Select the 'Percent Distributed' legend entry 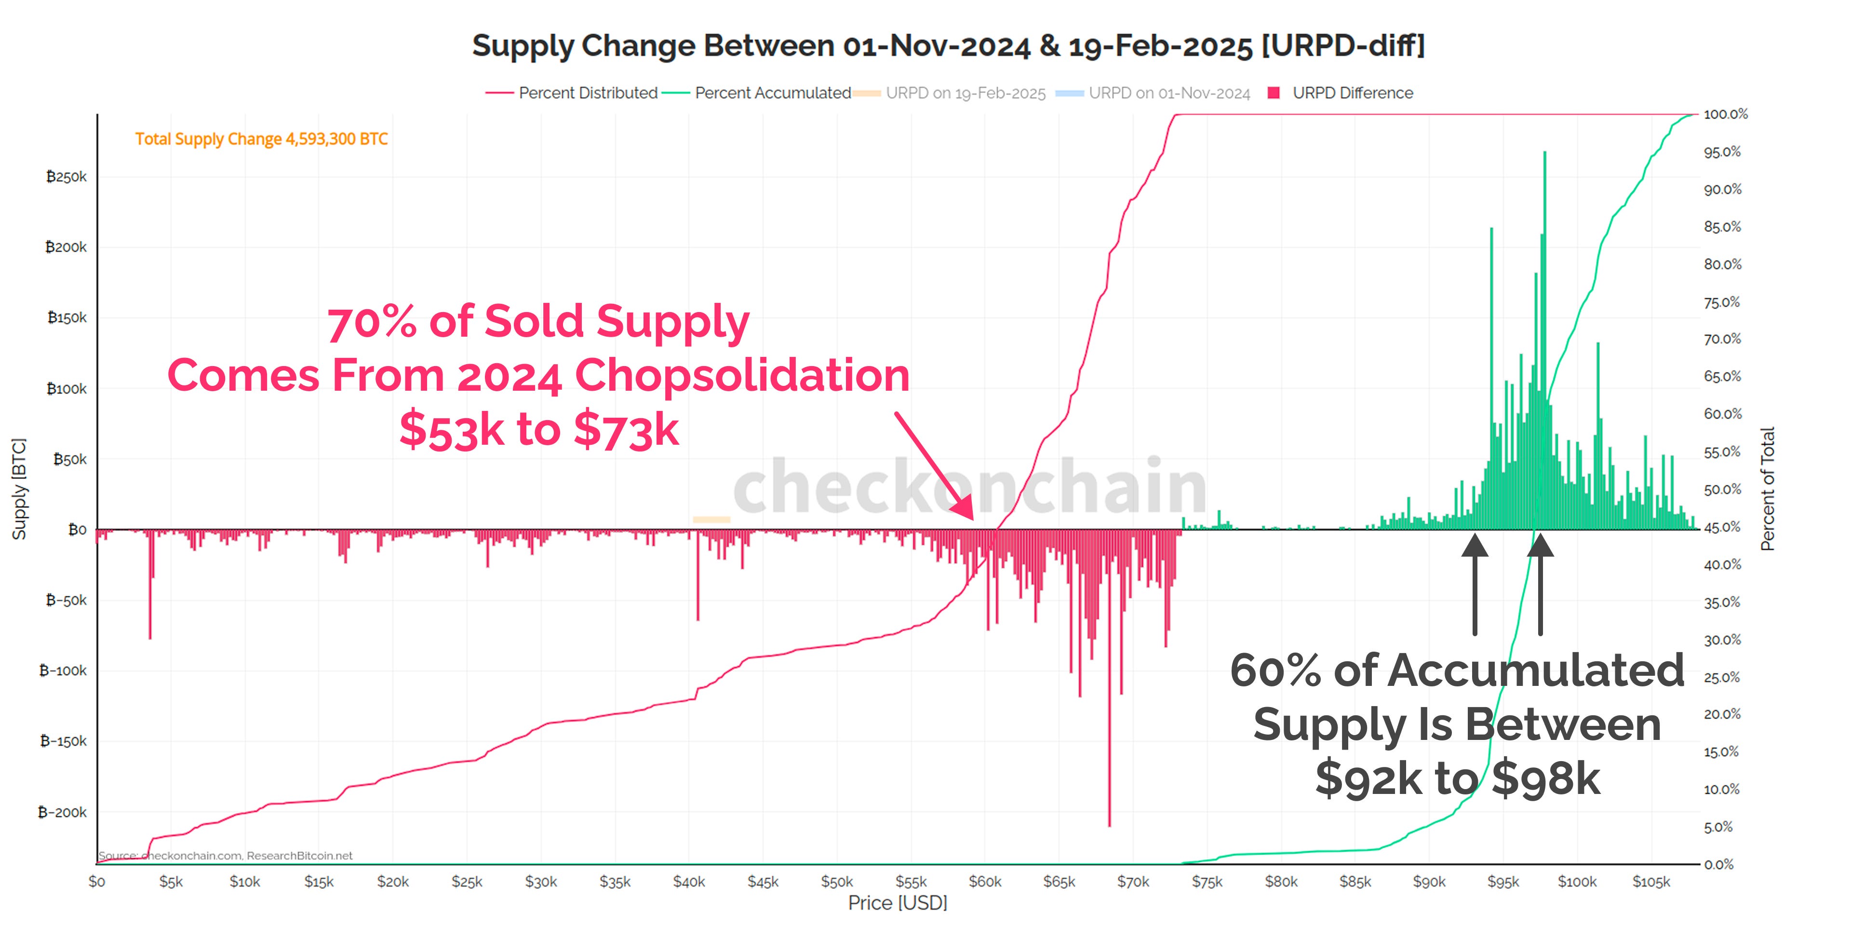pyautogui.click(x=587, y=93)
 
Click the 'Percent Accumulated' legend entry pyautogui.click(x=772, y=93)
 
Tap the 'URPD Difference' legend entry pyautogui.click(x=1352, y=93)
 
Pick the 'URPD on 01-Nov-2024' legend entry pyautogui.click(x=1168, y=93)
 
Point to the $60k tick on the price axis pyautogui.click(x=984, y=882)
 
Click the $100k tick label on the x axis pyautogui.click(x=1577, y=882)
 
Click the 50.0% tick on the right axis pyautogui.click(x=1722, y=490)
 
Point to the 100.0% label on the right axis pyautogui.click(x=1725, y=114)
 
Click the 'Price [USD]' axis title pyautogui.click(x=898, y=903)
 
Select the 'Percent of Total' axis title pyautogui.click(x=1767, y=489)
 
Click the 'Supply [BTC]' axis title pyautogui.click(x=19, y=489)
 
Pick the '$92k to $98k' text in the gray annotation pyautogui.click(x=1457, y=778)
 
